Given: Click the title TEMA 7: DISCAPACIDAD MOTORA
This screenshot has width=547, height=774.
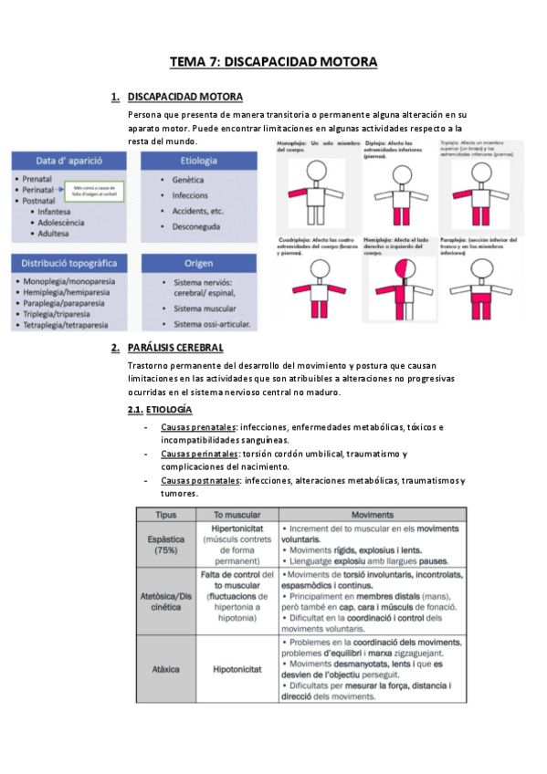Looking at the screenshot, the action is [273, 62].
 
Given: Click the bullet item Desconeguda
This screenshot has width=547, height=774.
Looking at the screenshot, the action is [203, 225].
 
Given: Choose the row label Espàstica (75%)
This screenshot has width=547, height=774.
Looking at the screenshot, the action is [166, 545].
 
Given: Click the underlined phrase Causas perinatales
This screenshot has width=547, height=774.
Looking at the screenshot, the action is [199, 454].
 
